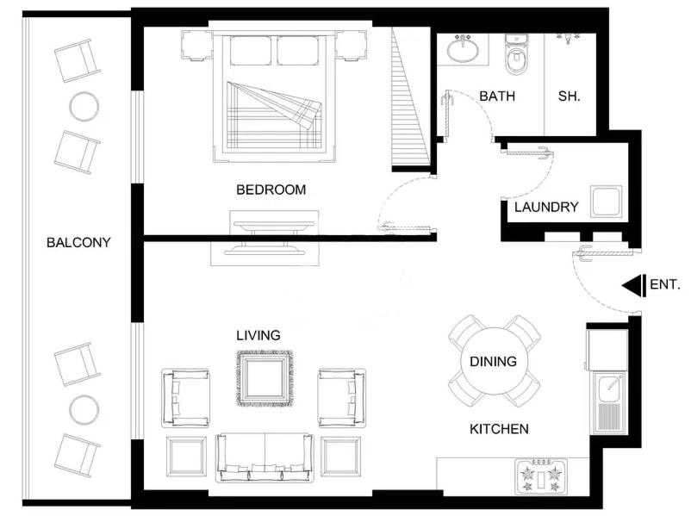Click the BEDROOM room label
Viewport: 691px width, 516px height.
point(271,190)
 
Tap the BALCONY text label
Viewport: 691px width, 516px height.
point(78,242)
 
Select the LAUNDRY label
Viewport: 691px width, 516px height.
point(546,207)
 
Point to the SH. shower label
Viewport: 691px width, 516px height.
point(569,96)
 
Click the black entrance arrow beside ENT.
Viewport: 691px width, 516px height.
point(634,285)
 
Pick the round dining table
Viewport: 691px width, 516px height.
point(494,361)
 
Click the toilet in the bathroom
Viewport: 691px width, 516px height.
point(515,55)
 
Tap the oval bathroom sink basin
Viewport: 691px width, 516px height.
point(463,50)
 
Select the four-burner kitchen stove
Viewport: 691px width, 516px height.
point(541,476)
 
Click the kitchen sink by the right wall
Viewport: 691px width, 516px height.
point(609,403)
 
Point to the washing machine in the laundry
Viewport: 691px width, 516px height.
point(606,202)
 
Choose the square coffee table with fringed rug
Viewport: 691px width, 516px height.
point(265,378)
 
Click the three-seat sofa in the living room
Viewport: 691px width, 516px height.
point(265,457)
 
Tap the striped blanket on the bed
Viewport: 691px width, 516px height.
point(274,115)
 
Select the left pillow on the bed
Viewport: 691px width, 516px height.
point(251,51)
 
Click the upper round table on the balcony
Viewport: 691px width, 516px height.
point(84,106)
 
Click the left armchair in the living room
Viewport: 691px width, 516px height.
point(185,398)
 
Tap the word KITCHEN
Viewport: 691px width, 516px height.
point(499,429)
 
